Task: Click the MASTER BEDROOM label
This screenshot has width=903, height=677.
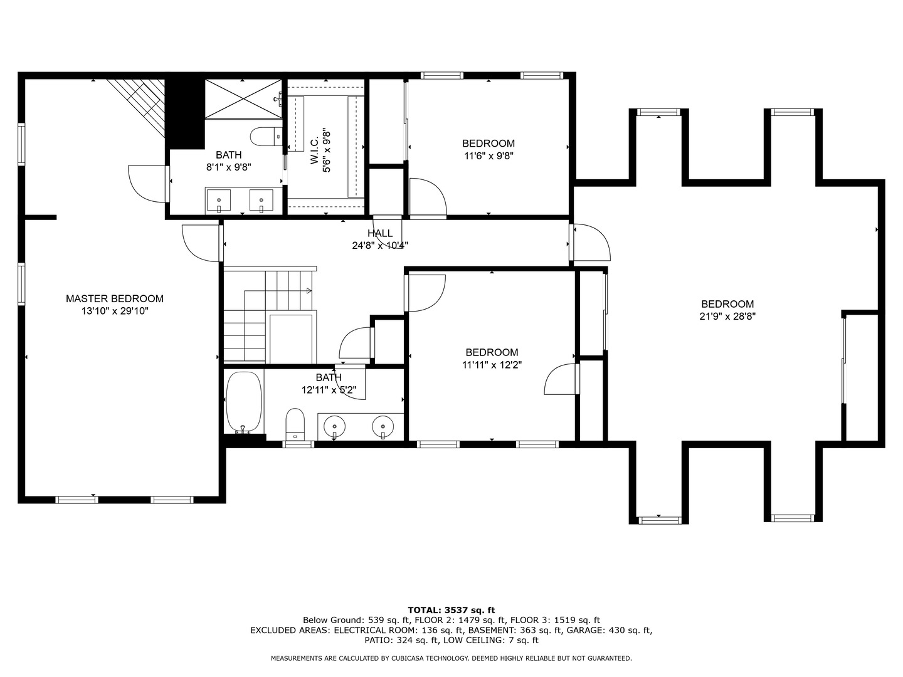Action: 115,299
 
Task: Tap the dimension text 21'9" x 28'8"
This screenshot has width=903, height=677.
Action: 727,317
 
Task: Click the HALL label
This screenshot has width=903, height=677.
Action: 380,233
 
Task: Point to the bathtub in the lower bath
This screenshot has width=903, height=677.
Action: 243,402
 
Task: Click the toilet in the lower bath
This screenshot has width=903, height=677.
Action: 295,423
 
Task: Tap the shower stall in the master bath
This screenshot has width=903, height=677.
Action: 243,98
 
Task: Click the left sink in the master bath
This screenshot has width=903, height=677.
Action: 218,201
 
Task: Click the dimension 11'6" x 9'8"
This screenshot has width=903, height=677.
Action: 488,156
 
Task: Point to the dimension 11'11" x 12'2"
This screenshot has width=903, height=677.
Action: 492,364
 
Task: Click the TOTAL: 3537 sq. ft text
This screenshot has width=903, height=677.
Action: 451,609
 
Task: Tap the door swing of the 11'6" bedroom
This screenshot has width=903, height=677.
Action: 428,197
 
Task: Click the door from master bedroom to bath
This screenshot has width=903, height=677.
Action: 148,184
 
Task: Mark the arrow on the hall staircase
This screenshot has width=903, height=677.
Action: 309,290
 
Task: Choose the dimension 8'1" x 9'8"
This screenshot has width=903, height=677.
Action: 228,167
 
